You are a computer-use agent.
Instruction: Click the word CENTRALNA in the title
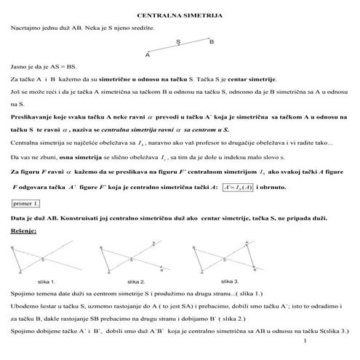159,15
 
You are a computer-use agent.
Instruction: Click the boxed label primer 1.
26,204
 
